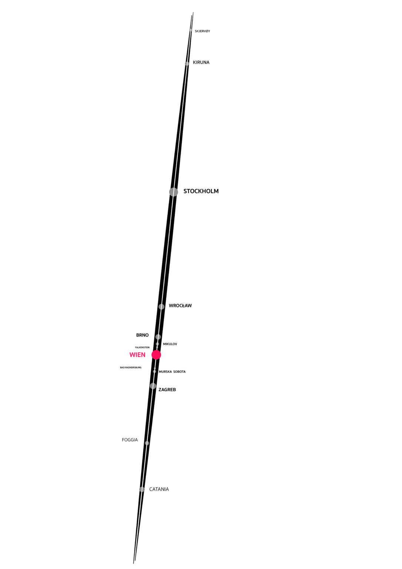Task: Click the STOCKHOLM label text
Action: [201, 191]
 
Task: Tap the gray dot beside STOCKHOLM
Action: [174, 192]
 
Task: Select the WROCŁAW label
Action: [180, 306]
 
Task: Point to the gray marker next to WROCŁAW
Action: [161, 307]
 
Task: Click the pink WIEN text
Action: [137, 355]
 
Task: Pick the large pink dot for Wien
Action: [156, 355]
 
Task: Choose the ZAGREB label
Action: [167, 390]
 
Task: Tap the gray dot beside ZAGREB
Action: [153, 386]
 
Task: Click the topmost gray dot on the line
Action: [191, 30]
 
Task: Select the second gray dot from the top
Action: [187, 64]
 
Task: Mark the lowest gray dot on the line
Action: [142, 489]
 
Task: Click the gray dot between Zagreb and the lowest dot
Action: [147, 443]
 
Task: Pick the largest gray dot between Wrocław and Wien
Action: [158, 337]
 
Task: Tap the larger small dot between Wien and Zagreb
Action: [154, 371]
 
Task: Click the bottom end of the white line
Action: [135, 552]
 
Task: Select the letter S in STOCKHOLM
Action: [185, 191]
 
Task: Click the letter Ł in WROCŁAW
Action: [182, 306]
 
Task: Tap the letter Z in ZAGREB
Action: [160, 390]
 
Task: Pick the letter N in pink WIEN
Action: [143, 355]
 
